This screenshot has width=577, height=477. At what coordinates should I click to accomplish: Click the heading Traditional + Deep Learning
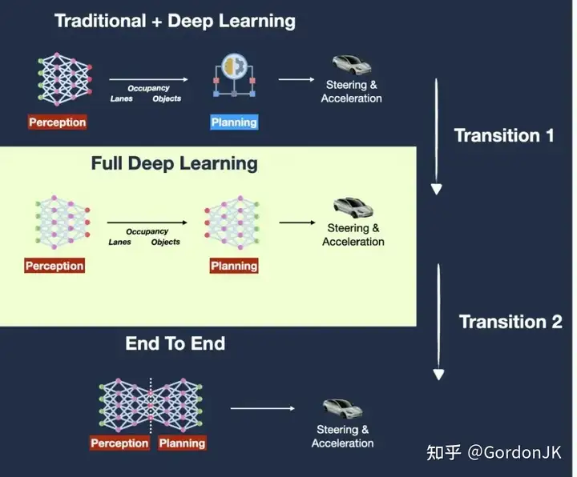(x=175, y=21)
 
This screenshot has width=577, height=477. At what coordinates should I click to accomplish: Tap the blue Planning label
(x=234, y=122)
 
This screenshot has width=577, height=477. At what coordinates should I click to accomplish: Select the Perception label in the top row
(x=58, y=122)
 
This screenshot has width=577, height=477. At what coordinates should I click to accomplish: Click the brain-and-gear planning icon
(x=234, y=75)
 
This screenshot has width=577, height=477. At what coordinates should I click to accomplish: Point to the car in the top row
(x=352, y=64)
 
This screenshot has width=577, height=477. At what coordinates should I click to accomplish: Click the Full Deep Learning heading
(x=175, y=163)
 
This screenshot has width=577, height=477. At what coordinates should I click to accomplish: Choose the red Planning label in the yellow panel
(x=234, y=266)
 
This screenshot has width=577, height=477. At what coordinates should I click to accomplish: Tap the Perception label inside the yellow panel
(x=54, y=266)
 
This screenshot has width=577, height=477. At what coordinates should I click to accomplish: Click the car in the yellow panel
(x=353, y=207)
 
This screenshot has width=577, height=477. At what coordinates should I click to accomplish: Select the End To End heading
(x=176, y=343)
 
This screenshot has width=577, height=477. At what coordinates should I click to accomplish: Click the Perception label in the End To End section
(x=119, y=443)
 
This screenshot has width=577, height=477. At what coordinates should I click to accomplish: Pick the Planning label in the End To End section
(x=182, y=443)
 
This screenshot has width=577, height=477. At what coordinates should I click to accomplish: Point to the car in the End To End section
(x=343, y=409)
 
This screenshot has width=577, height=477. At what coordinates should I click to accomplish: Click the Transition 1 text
(x=504, y=135)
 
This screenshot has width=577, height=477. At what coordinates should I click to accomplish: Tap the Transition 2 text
(x=510, y=322)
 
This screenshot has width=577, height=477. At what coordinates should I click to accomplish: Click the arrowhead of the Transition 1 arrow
(x=437, y=189)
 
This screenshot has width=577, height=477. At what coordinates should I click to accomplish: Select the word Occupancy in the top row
(x=149, y=89)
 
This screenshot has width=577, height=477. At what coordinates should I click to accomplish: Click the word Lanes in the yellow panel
(x=120, y=242)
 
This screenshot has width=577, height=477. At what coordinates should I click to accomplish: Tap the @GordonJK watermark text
(x=514, y=452)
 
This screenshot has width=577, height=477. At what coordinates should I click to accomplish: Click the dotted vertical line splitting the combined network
(x=151, y=406)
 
